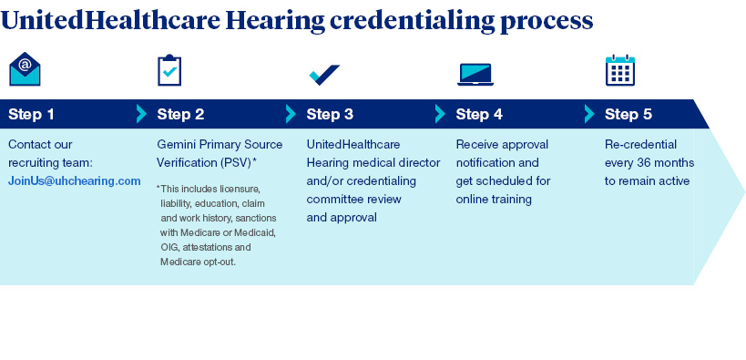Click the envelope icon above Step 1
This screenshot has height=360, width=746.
tap(25, 69)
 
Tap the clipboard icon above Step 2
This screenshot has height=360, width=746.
tap(169, 70)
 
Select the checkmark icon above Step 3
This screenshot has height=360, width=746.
tap(324, 75)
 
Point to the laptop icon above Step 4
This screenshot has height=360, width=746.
tap(475, 75)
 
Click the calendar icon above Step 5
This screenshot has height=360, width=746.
tap(620, 70)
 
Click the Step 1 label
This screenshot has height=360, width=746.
tap(31, 114)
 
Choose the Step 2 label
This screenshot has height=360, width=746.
tap(180, 114)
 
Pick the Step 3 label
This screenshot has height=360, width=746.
tap(330, 114)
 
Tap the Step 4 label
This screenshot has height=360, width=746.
tap(479, 114)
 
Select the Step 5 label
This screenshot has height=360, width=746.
tap(628, 114)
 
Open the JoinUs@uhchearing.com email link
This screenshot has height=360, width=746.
tap(75, 181)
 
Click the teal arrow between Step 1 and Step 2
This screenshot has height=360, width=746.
tap(142, 114)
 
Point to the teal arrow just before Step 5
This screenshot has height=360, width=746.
tap(590, 114)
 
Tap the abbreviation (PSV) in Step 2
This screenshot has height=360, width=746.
tap(236, 163)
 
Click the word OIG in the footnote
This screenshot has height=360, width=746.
tap(169, 248)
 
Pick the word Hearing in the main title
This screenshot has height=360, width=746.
tap(275, 20)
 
